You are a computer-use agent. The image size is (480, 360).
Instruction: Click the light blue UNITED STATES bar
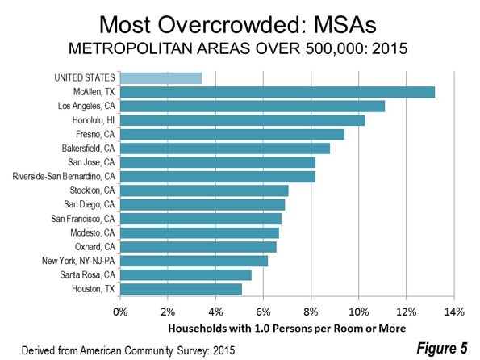(161, 78)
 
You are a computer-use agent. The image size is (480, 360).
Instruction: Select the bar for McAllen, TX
(278, 92)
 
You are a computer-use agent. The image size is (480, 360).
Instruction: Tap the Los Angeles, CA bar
(253, 107)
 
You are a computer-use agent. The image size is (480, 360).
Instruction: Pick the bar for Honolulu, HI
(243, 120)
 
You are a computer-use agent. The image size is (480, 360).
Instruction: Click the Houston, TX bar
(181, 289)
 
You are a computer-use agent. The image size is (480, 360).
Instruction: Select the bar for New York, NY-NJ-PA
(194, 261)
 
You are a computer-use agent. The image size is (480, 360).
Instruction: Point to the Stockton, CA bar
(204, 190)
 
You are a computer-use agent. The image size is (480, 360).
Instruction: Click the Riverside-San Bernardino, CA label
(64, 177)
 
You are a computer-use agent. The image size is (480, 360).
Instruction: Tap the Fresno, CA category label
(95, 134)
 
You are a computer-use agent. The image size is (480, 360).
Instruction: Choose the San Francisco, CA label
(82, 219)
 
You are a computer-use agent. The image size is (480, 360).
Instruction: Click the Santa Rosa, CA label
(87, 274)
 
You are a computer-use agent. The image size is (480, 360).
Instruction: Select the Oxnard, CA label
(95, 247)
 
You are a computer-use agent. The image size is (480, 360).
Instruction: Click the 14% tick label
(454, 312)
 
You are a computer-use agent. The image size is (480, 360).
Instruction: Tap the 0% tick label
(120, 312)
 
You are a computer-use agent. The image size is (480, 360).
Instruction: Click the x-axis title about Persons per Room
(287, 329)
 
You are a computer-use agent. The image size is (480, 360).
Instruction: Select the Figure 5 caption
(442, 348)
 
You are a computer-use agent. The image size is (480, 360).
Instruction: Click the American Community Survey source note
(128, 350)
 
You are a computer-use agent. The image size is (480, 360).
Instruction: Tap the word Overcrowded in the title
(229, 25)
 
